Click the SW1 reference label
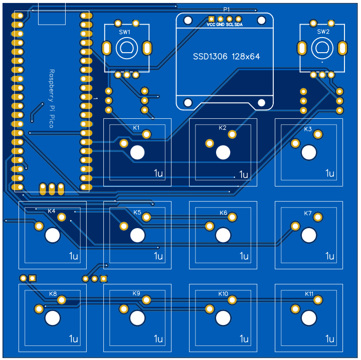(x=124, y=32)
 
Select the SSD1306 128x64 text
(x=226, y=57)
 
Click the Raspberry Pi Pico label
(x=51, y=98)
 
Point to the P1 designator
(x=227, y=10)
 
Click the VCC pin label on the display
(x=211, y=24)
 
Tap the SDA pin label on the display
(x=239, y=24)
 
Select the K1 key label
(x=136, y=127)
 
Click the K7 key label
(x=308, y=213)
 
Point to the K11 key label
(x=309, y=293)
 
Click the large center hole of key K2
(x=223, y=152)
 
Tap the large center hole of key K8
(x=53, y=317)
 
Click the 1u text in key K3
(x=329, y=173)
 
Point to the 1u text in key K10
(x=244, y=339)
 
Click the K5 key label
(x=137, y=212)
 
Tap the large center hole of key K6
(x=223, y=235)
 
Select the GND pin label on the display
(x=220, y=24)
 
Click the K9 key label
(x=136, y=293)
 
